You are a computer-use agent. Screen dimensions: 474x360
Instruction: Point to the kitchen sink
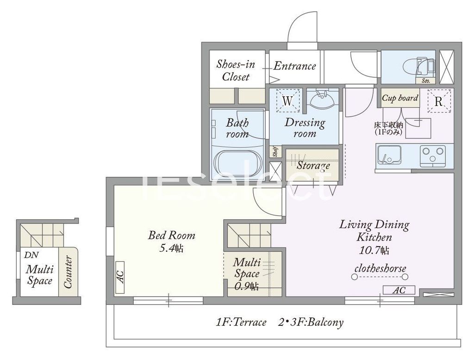pos(388,155)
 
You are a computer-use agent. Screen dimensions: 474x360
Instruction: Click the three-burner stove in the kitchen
pos(433,155)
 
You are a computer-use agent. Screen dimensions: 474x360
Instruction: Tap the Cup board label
pos(400,98)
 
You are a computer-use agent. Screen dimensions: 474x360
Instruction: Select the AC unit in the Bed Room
pos(120,277)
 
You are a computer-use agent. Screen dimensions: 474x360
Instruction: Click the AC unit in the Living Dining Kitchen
pos(399,290)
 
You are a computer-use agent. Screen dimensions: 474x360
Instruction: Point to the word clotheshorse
pos(380,268)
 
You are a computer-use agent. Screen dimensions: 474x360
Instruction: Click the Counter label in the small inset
pos(68,272)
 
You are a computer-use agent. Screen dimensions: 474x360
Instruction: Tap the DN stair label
pos(31,255)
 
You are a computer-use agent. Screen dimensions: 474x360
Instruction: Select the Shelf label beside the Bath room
pos(275,152)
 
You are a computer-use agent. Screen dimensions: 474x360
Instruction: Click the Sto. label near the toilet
pos(426,81)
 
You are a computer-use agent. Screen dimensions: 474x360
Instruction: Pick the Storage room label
pos(313,165)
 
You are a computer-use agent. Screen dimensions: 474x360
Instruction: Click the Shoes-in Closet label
pos(236,70)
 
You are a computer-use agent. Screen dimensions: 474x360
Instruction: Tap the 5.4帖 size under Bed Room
pos(171,248)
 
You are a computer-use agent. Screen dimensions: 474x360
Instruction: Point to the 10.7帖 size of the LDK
pos(374,250)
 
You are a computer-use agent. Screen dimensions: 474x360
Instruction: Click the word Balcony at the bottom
pos(325,322)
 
